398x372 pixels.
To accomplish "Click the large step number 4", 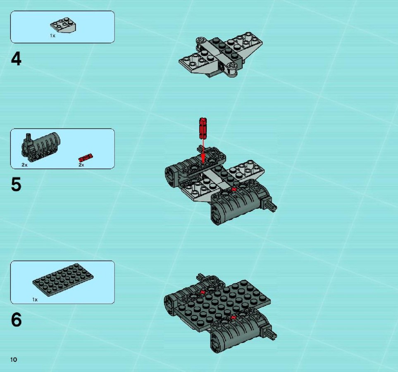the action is pyautogui.click(x=16, y=59).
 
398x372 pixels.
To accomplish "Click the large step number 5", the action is pyautogui.click(x=16, y=184).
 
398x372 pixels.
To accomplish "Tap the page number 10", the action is pyautogui.click(x=14, y=359).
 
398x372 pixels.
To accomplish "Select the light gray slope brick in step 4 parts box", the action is pyautogui.click(x=64, y=25).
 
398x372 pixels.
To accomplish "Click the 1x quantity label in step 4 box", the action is pyautogui.click(x=52, y=36).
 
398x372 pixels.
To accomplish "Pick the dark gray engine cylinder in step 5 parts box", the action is pyautogui.click(x=41, y=147).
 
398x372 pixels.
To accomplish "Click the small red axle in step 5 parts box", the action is pyautogui.click(x=86, y=157).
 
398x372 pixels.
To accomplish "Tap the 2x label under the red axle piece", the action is pyautogui.click(x=81, y=165).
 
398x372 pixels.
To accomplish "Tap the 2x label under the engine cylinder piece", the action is pyautogui.click(x=24, y=165).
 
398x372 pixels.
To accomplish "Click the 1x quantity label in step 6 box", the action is pyautogui.click(x=35, y=300).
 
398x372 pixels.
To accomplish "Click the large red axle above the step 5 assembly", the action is pyautogui.click(x=203, y=128).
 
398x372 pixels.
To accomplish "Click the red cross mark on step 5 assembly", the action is pyautogui.click(x=234, y=189).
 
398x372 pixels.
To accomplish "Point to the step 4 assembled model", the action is pyautogui.click(x=221, y=55).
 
